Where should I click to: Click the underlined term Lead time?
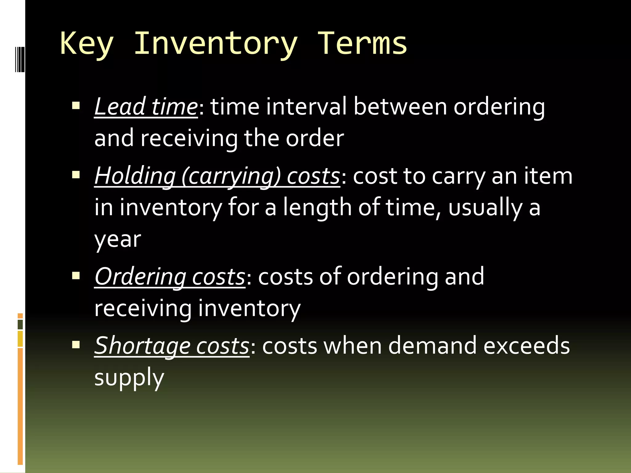point(146,107)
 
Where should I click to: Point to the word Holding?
point(135,176)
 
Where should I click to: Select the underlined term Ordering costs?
point(170,277)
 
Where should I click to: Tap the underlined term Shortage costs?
point(172,346)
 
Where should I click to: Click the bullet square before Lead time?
point(76,106)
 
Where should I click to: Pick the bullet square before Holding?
point(76,175)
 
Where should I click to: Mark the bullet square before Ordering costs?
point(76,275)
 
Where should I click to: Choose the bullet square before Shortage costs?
point(76,345)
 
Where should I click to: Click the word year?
point(117,240)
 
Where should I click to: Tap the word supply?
point(129,378)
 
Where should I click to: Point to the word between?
point(400,107)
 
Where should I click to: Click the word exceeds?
point(527,346)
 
